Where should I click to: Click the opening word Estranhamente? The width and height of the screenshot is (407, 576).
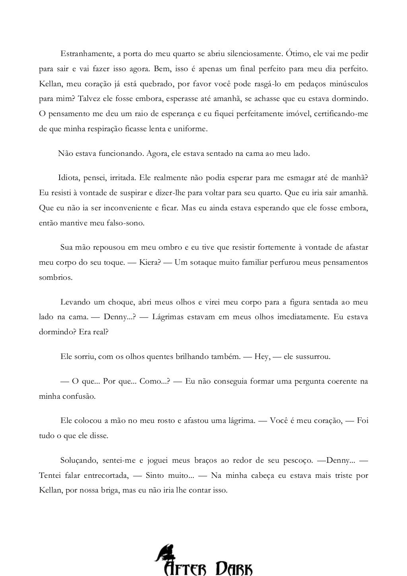coord(85,54)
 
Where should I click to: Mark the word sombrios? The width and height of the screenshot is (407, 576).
coord(55,277)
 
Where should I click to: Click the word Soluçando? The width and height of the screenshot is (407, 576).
coord(78,461)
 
